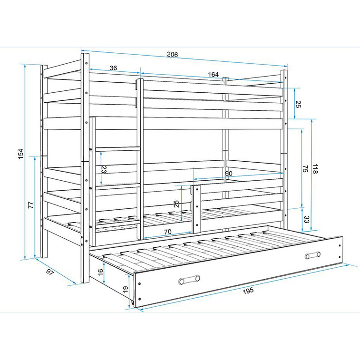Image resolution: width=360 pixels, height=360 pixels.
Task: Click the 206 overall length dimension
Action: pyautogui.click(x=173, y=54)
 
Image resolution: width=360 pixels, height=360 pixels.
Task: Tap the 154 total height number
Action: pyautogui.click(x=20, y=154)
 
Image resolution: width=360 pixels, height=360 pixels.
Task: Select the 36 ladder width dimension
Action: pyautogui.click(x=113, y=68)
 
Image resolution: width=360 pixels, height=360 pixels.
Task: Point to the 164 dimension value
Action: pyautogui.click(x=214, y=74)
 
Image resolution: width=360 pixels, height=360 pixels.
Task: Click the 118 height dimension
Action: pyautogui.click(x=315, y=169)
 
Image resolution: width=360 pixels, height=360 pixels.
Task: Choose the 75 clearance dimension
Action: pyautogui.click(x=305, y=169)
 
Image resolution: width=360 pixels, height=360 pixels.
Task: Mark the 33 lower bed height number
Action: pyautogui.click(x=306, y=219)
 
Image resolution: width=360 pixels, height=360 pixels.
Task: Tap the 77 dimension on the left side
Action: pyautogui.click(x=31, y=205)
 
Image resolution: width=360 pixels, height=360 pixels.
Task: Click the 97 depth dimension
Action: pyautogui.click(x=50, y=272)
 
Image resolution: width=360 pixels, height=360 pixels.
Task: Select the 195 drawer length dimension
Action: pyautogui.click(x=248, y=291)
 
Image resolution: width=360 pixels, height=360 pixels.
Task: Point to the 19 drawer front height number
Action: pyautogui.click(x=126, y=289)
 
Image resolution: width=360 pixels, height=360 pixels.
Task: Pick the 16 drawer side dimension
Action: pyautogui.click(x=100, y=272)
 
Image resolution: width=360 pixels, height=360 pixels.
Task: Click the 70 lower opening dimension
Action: pyautogui.click(x=168, y=232)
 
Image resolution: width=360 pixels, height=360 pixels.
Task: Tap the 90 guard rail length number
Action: pyautogui.click(x=228, y=173)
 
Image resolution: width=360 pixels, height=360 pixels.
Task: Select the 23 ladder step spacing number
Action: pyautogui.click(x=104, y=169)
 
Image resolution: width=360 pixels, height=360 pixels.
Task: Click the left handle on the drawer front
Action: pyautogui.click(x=189, y=280)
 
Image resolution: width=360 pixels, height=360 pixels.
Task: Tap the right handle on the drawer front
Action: pyautogui.click(x=313, y=255)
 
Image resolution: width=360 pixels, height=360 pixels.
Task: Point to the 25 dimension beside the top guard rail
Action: pyautogui.click(x=298, y=104)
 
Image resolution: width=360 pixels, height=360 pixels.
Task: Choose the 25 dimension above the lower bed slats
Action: pyautogui.click(x=176, y=204)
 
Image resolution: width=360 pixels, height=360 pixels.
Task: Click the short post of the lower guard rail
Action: pyautogui.click(x=197, y=208)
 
